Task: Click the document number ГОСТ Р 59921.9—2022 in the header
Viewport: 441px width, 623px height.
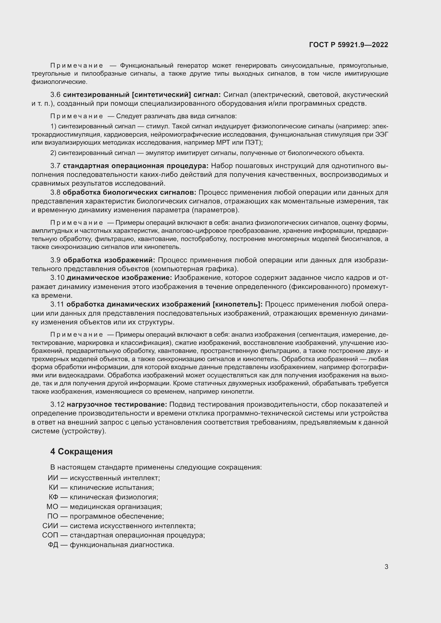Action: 348,45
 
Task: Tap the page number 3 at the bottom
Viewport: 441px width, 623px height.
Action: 386,567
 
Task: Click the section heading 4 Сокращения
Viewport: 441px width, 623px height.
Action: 81,451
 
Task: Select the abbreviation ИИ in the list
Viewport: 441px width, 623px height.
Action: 53,478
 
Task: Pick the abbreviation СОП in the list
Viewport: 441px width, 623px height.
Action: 50,535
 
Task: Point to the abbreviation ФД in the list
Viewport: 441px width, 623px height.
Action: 53,545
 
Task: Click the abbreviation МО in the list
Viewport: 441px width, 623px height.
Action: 52,507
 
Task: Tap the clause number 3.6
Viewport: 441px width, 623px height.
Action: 55,95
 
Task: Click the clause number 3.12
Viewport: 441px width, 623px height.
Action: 57,405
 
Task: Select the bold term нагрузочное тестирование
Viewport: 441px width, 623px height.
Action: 117,405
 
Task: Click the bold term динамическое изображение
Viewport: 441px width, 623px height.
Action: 119,278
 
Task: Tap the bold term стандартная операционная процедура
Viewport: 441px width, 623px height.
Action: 135,166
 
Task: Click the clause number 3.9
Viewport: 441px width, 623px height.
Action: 55,260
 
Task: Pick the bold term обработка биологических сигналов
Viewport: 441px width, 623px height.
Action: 129,192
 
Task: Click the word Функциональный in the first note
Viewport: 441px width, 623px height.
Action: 146,66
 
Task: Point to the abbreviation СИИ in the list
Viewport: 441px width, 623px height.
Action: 50,526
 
